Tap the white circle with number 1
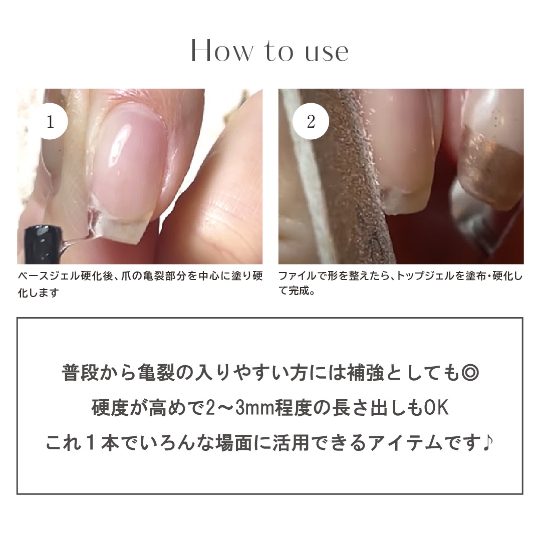tap(51, 121)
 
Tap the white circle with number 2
tap(311, 121)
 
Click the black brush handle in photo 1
tap(44, 245)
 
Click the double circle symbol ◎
tap(470, 374)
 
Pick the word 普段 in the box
tap(80, 374)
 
